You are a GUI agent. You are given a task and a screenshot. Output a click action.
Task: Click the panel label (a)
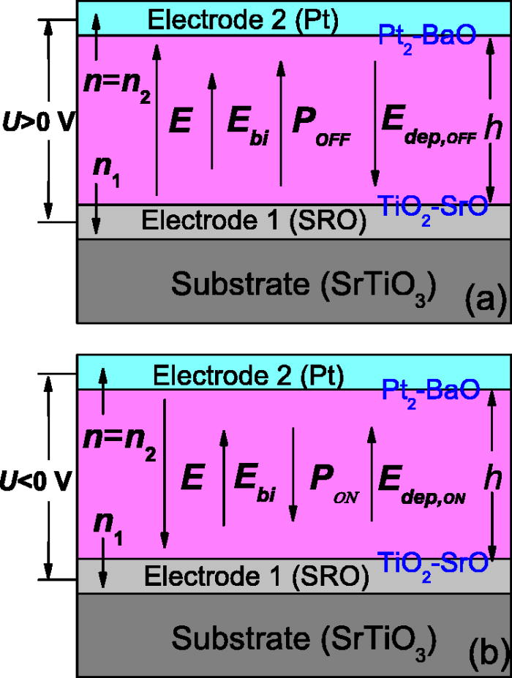click(x=481, y=298)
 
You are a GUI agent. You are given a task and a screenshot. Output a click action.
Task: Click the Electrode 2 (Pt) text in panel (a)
click(x=243, y=20)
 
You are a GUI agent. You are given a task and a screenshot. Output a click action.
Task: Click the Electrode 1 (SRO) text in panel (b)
click(x=254, y=576)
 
